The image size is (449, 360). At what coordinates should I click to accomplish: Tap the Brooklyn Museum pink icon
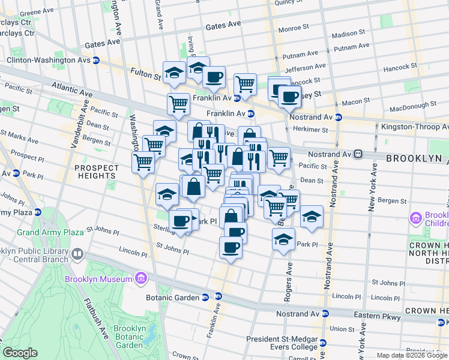(x=140, y=278)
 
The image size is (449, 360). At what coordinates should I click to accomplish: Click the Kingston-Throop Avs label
(x=415, y=127)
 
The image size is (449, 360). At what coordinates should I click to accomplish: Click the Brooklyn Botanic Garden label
(x=129, y=337)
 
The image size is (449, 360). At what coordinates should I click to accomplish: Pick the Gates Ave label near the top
(x=223, y=27)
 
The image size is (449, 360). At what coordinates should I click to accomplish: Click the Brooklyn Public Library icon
(x=77, y=254)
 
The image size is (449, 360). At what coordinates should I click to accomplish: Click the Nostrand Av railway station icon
(x=358, y=154)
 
